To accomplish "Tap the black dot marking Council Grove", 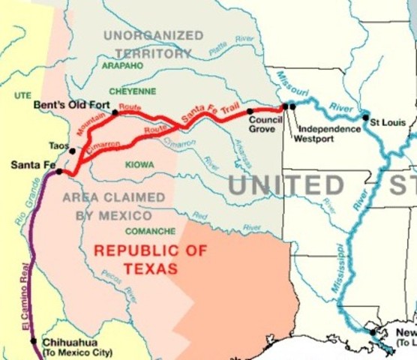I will tap(250, 111).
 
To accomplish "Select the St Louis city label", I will tap(388, 122).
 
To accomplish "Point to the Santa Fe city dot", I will tap(59, 172).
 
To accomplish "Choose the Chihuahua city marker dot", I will tap(34, 340).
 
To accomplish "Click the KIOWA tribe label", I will tap(139, 164).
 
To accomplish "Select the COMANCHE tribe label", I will tap(150, 231).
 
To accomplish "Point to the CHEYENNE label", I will tap(133, 91).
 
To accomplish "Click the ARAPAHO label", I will tap(122, 66).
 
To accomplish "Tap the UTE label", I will tap(22, 96).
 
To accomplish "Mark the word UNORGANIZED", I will tap(153, 35).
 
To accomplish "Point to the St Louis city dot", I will tap(365, 117).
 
